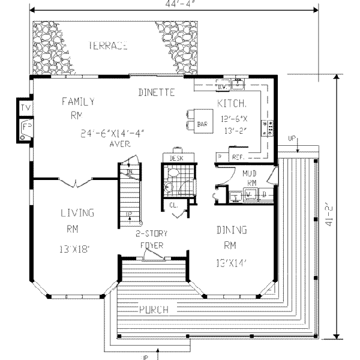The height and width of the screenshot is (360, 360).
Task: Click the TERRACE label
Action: (x=108, y=46)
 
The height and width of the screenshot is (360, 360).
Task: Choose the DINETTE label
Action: (x=156, y=92)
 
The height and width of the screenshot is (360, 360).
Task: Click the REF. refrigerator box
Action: (x=236, y=157)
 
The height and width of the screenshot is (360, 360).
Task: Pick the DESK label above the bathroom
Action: (x=176, y=158)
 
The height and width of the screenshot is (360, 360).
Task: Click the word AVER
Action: (x=121, y=145)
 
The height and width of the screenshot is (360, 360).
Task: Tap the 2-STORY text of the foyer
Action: (x=151, y=233)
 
